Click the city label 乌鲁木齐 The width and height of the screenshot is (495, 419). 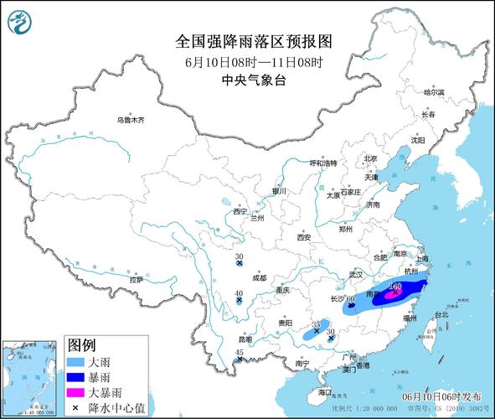coord(131,121)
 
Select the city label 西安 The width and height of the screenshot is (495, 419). coord(303,238)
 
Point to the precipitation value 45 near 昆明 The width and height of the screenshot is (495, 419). coord(240,353)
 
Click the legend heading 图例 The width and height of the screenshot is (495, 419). coord(82,345)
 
